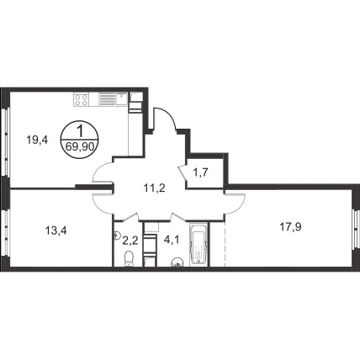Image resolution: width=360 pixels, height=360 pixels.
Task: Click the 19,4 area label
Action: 37,140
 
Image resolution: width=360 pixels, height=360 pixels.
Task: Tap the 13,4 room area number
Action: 56,231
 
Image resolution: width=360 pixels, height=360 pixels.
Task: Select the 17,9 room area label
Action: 291,227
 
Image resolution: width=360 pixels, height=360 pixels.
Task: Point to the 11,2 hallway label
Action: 154,188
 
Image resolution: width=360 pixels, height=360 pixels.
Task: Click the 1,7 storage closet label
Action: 200,172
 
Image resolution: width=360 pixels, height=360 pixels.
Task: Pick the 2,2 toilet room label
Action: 130,241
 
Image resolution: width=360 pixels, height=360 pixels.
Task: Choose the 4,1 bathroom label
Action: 172,241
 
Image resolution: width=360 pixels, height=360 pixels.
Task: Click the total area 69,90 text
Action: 80,146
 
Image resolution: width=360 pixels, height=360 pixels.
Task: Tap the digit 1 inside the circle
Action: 80,131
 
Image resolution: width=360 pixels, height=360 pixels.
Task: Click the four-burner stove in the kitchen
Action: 82,100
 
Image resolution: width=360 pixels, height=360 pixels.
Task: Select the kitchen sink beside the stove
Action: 122,98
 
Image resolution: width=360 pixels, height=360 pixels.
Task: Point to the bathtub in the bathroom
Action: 199,245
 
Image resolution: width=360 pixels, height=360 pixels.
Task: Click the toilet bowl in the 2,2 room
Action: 129,258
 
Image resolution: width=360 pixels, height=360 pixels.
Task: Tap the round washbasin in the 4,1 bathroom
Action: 177,262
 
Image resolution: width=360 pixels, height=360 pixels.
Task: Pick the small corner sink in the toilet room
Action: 117,235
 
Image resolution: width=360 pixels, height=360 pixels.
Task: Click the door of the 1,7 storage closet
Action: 183,173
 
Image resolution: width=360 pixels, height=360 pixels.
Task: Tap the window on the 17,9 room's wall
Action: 356,229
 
